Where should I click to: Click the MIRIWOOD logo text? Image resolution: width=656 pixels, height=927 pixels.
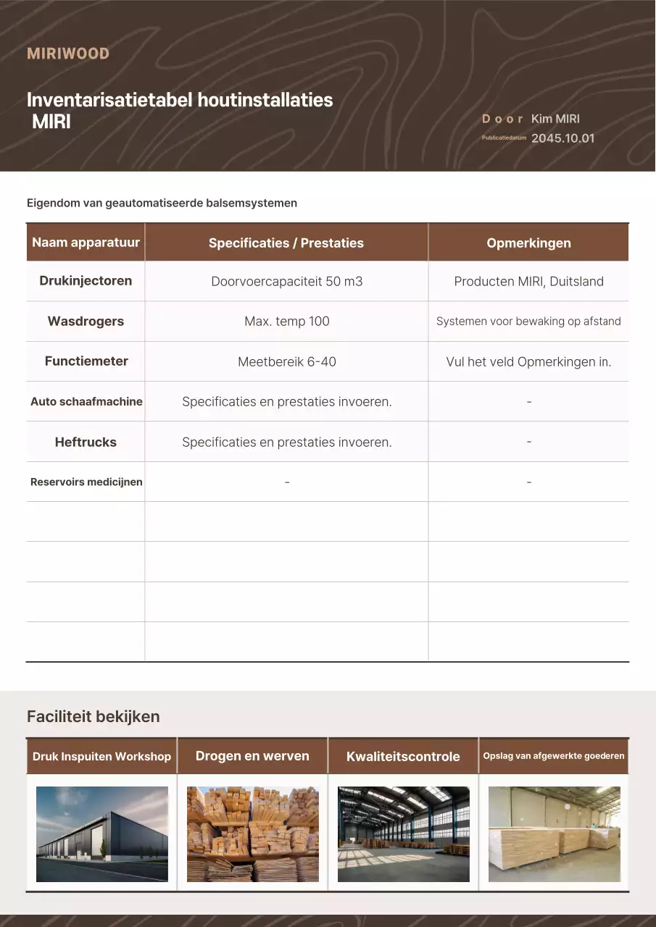[68, 54]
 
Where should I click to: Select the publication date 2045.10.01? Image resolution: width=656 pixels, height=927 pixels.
[562, 138]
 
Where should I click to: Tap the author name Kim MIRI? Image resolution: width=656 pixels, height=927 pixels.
[555, 119]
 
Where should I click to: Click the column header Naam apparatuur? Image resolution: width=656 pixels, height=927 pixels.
[86, 243]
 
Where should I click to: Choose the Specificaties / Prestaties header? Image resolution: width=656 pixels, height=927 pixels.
[286, 243]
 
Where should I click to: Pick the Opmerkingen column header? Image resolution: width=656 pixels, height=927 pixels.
[528, 243]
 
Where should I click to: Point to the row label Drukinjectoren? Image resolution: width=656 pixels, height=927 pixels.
[86, 281]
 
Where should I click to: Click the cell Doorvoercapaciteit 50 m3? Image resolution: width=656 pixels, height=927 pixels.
[286, 282]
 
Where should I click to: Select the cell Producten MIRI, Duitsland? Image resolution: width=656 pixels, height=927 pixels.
[528, 282]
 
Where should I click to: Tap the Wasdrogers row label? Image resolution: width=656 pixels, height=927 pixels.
[86, 322]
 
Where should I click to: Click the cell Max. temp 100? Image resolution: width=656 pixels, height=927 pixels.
[286, 322]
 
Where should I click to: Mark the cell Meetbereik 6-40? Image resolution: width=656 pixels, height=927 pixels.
[286, 361]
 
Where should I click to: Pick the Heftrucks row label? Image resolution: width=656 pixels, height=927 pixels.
[86, 442]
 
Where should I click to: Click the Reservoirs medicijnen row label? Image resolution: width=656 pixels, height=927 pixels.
[86, 482]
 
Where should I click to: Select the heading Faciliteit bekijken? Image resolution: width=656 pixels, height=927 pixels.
[93, 717]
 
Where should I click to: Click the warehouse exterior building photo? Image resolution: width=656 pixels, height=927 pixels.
[102, 834]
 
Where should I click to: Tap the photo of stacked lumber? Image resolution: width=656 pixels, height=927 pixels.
[253, 834]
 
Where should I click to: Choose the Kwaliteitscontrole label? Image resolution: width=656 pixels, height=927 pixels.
[403, 757]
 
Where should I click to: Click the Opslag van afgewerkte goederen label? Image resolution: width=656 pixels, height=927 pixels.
[554, 756]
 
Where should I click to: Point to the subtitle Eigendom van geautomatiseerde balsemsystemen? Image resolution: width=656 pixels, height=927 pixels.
[162, 203]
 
